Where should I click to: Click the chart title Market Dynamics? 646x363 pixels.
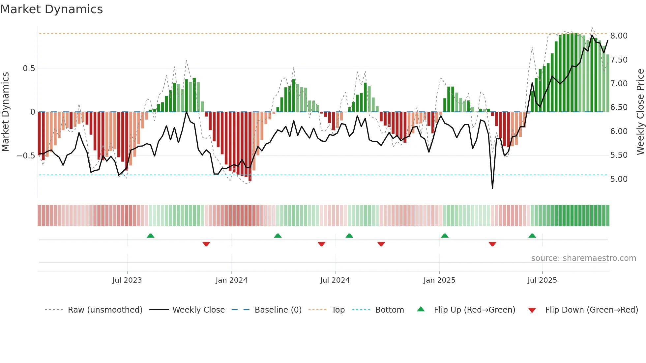51,9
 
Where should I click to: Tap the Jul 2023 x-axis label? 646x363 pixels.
127,280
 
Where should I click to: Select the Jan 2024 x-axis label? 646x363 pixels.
231,280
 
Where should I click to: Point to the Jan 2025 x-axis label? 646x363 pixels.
439,280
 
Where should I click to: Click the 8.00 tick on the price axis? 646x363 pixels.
619,36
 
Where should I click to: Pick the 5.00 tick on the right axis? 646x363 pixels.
619,179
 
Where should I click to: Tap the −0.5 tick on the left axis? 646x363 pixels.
26,155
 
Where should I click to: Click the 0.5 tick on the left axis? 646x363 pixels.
29,69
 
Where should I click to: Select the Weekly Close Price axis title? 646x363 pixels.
640,112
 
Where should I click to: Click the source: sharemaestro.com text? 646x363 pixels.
583,258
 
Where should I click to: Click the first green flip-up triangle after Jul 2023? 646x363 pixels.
150,236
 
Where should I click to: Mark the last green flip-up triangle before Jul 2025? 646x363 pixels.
532,236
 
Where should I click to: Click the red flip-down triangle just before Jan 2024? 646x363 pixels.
206,244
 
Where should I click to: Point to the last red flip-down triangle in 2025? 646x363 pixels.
492,244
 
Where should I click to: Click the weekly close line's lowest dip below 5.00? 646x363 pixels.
492,188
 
